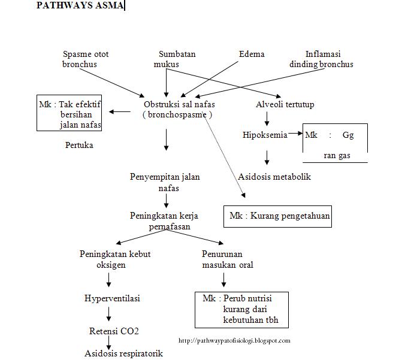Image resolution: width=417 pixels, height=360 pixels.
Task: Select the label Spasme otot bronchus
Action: coord(86,59)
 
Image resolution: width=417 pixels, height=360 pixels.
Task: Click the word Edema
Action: coord(251,54)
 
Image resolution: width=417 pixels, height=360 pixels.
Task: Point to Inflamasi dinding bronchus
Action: coord(321,59)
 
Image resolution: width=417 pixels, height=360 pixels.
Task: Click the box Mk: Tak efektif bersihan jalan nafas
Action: coord(69,114)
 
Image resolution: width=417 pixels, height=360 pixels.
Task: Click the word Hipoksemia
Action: coord(265,135)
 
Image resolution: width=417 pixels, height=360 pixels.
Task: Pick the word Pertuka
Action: coord(79,145)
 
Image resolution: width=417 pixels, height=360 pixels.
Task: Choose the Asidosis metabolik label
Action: coord(274,177)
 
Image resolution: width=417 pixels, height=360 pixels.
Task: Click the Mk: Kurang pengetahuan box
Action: coord(279,216)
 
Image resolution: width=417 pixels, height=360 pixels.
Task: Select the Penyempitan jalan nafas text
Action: coord(165,182)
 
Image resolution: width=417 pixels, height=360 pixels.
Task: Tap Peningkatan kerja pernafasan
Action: coord(165,221)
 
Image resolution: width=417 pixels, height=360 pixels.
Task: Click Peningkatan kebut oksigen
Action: coord(115,259)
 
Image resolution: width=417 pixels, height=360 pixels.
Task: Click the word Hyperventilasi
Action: coord(113,298)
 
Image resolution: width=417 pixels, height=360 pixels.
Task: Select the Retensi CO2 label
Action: coord(114,331)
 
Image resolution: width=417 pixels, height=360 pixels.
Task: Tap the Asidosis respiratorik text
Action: coord(123,353)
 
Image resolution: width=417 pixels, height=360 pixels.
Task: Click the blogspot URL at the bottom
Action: coord(234,341)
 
